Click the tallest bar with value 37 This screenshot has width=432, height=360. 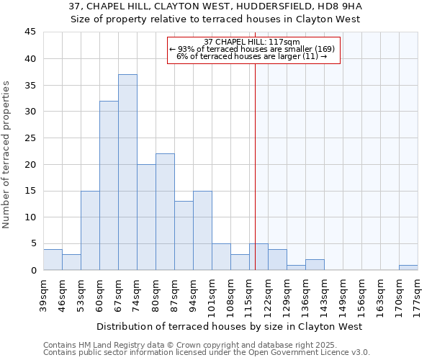[127, 172]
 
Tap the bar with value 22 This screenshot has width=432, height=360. [165, 212]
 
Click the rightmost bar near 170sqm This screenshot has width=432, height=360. [408, 267]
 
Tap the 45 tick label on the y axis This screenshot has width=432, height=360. [30, 32]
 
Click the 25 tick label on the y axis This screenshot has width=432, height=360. [30, 138]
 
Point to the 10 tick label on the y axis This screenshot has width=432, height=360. [30, 217]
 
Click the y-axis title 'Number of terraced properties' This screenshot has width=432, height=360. [7, 154]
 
